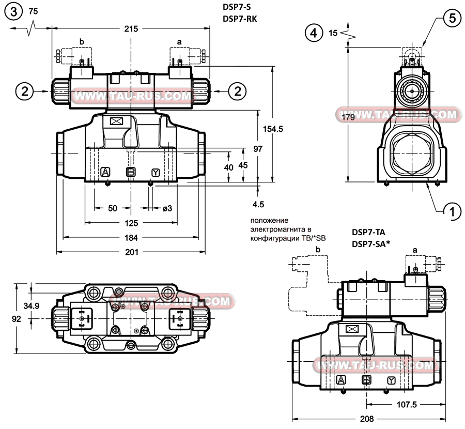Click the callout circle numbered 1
[x=453, y=210]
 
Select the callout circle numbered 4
[x=312, y=33]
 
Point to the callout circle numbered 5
[x=452, y=18]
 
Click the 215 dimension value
[x=131, y=29]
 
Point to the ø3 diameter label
[x=167, y=208]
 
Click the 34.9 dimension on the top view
[x=33, y=306]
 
